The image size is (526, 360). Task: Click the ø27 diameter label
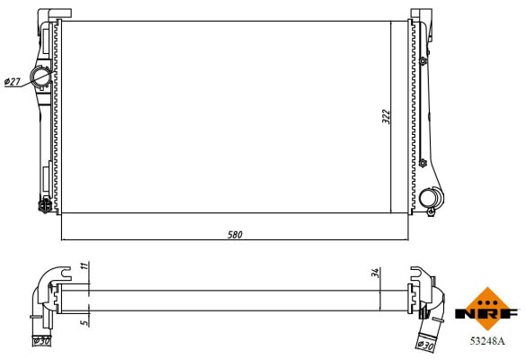(13, 82)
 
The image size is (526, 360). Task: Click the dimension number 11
(83, 267)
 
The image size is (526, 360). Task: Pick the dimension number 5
(83, 318)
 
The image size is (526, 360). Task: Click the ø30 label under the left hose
(40, 341)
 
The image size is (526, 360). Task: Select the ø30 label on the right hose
(426, 342)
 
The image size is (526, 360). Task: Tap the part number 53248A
(487, 341)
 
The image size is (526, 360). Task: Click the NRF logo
(487, 310)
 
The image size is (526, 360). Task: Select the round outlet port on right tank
(431, 197)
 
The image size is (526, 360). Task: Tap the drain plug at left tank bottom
(43, 203)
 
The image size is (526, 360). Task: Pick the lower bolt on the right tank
(422, 163)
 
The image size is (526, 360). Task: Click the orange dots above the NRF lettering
(487, 297)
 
